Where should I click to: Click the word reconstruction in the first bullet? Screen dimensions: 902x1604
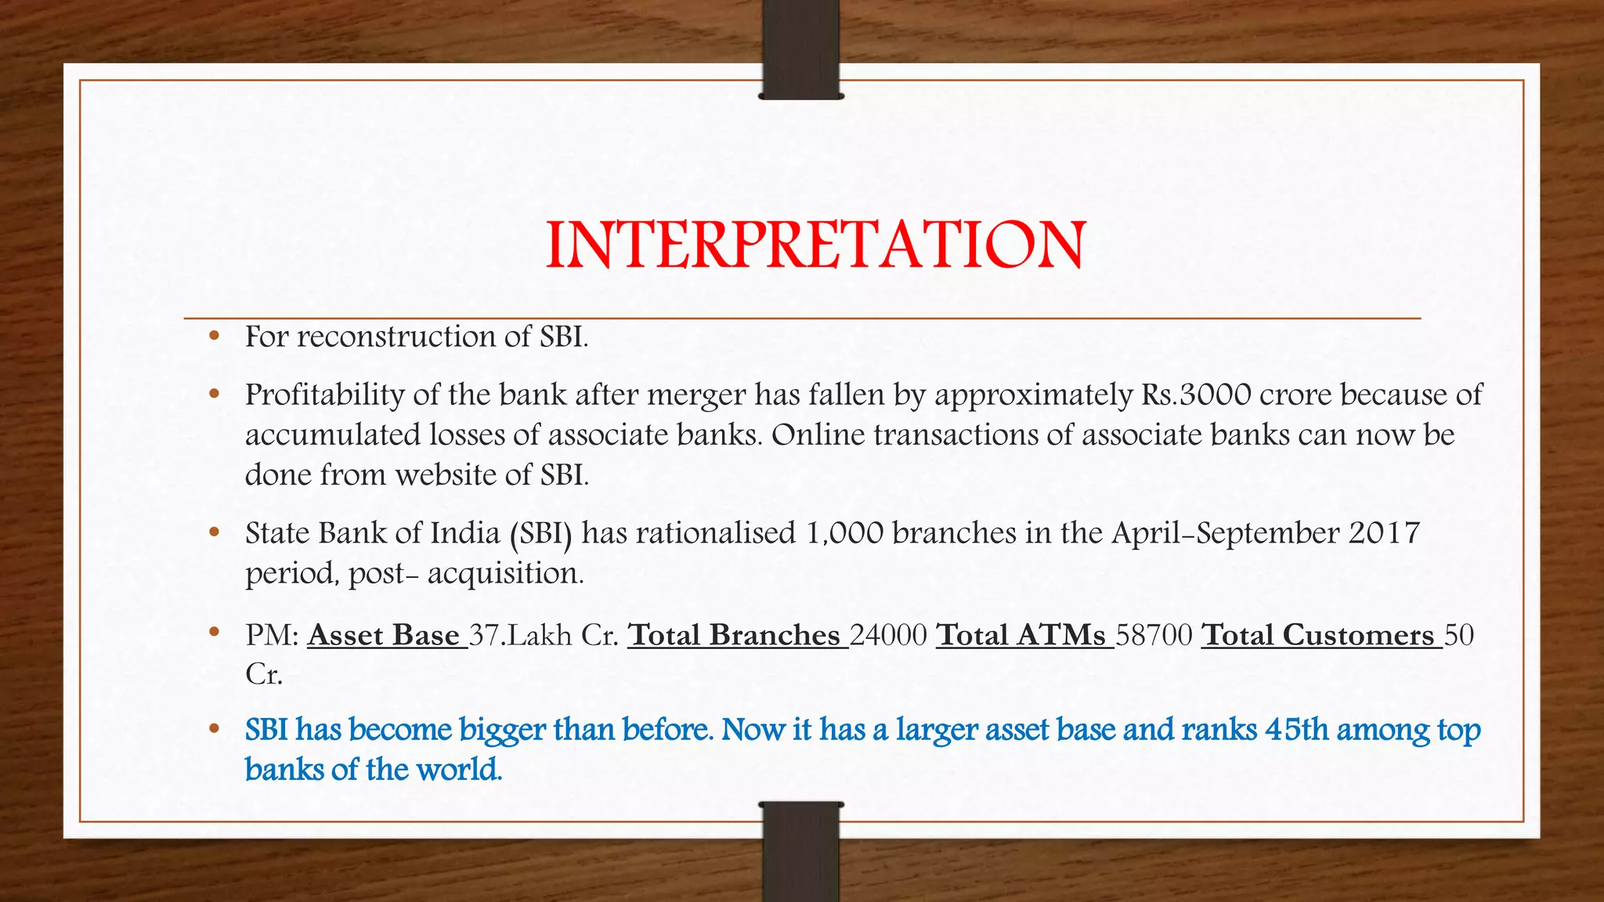pyautogui.click(x=396, y=337)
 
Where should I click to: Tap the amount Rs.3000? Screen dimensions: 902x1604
pyautogui.click(x=1196, y=395)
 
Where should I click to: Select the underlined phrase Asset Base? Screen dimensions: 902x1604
pyautogui.click(x=385, y=635)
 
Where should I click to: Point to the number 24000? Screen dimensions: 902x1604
pyautogui.click(x=888, y=635)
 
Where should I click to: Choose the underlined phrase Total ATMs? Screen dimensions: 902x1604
pyautogui.click(x=1023, y=635)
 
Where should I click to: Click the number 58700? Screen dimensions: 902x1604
pyautogui.click(x=1154, y=635)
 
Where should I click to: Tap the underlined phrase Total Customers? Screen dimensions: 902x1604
pyautogui.click(x=1320, y=635)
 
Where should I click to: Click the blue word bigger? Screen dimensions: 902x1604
pyautogui.click(x=502, y=731)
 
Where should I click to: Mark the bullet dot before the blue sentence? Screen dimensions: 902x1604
pyautogui.click(x=214, y=729)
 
